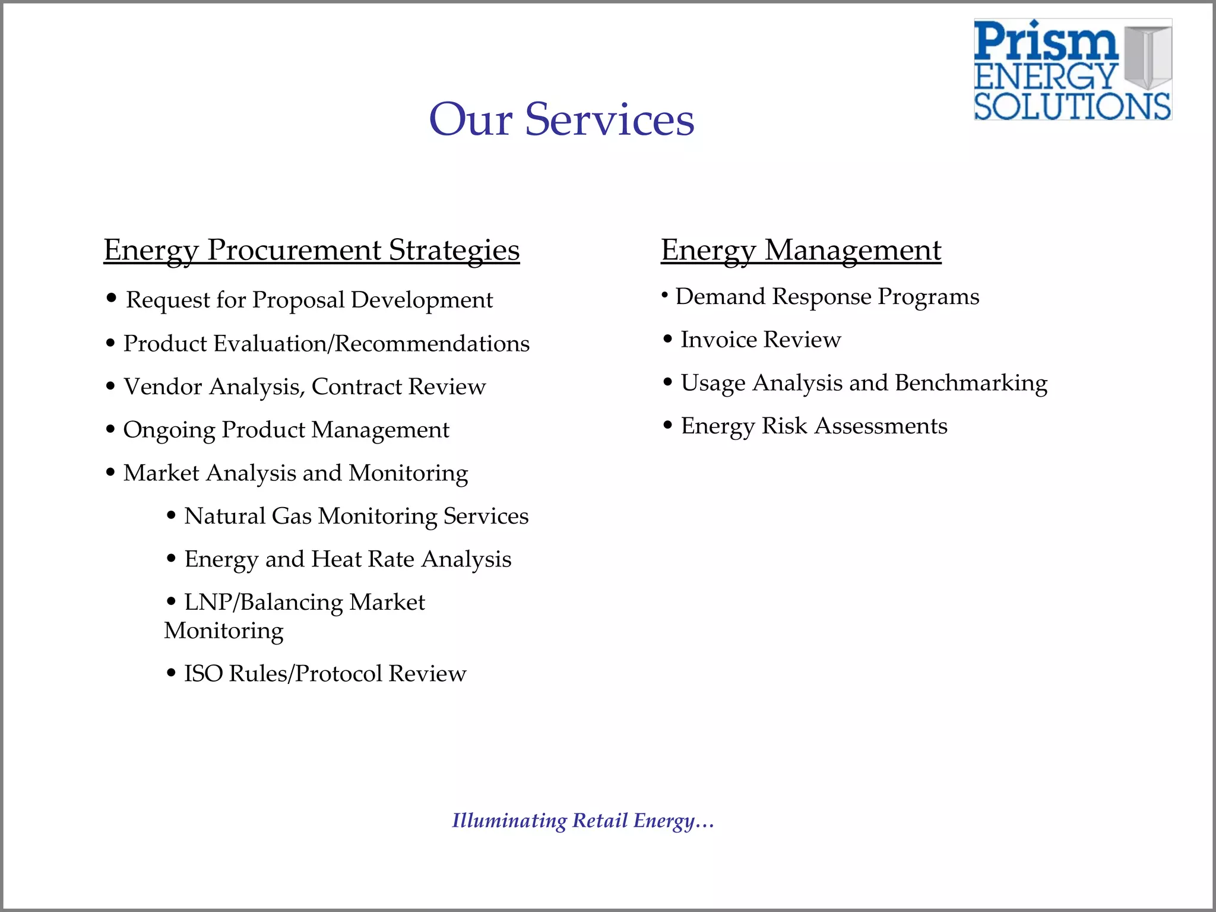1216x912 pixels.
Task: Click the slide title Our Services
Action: pyautogui.click(x=561, y=119)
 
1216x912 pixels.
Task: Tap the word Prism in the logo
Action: pyautogui.click(x=1045, y=42)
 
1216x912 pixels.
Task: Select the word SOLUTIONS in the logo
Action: pyautogui.click(x=1072, y=106)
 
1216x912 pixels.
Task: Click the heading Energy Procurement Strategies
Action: pyautogui.click(x=311, y=250)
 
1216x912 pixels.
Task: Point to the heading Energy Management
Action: pyautogui.click(x=800, y=250)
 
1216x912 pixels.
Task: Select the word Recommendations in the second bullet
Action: pyautogui.click(x=432, y=344)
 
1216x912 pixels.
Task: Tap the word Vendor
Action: pyautogui.click(x=163, y=387)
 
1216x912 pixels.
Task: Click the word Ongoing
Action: pyautogui.click(x=169, y=430)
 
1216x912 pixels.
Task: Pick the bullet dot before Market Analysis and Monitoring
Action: pyautogui.click(x=110, y=473)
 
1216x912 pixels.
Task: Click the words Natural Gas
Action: pyautogui.click(x=248, y=516)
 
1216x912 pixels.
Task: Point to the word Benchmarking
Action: pyautogui.click(x=971, y=383)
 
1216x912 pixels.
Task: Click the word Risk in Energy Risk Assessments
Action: pyautogui.click(x=784, y=426)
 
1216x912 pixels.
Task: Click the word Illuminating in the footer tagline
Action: pyautogui.click(x=509, y=821)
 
